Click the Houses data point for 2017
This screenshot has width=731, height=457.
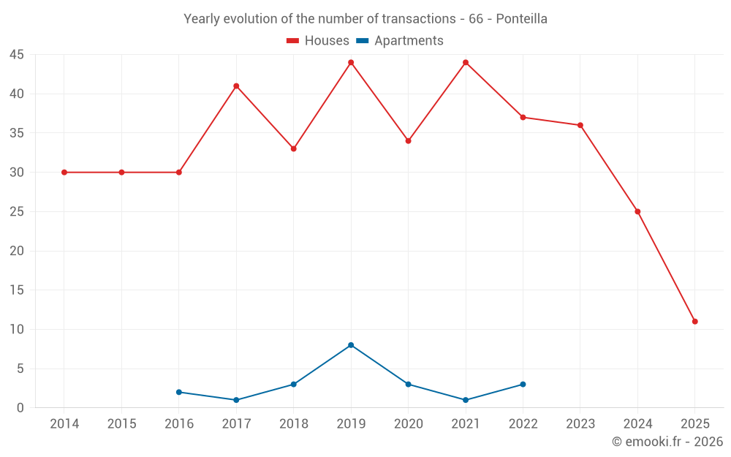236,86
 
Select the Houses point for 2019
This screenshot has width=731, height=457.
351,62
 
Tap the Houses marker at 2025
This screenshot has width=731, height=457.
694,322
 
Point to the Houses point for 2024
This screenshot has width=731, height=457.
637,212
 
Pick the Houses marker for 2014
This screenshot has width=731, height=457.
64,173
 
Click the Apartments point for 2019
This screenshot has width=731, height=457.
351,345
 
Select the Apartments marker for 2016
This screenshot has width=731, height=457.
179,392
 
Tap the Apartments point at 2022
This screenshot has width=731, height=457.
523,385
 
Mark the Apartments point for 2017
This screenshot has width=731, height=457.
236,400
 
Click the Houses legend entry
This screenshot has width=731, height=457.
318,41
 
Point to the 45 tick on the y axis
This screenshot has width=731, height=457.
17,55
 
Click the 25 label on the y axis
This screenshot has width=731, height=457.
17,212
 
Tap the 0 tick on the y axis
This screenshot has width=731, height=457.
20,408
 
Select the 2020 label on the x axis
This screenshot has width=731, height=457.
408,424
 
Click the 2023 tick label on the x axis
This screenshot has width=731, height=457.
580,424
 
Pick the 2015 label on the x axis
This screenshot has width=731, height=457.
121,424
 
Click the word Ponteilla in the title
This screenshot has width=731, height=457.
521,19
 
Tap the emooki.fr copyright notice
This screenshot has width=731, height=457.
667,442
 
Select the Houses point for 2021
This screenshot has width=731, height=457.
466,62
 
